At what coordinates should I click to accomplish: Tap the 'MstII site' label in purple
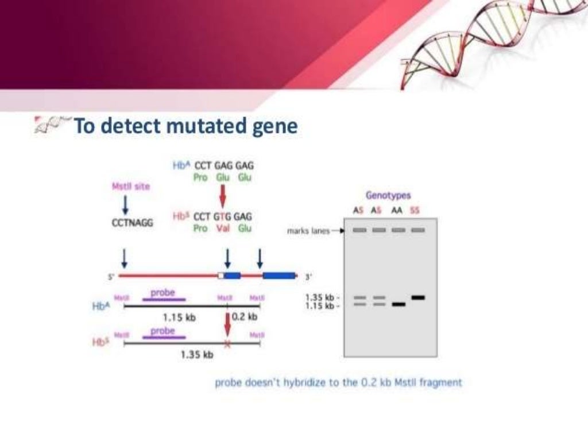coord(131,187)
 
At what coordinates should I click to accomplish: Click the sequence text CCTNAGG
coord(132,223)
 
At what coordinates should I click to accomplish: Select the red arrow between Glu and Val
coord(223,197)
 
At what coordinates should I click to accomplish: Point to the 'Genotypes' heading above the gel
coord(388,196)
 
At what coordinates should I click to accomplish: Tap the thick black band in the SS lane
coord(418,297)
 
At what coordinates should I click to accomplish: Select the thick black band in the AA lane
coord(399,304)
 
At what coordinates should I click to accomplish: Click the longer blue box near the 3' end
coord(279,276)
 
